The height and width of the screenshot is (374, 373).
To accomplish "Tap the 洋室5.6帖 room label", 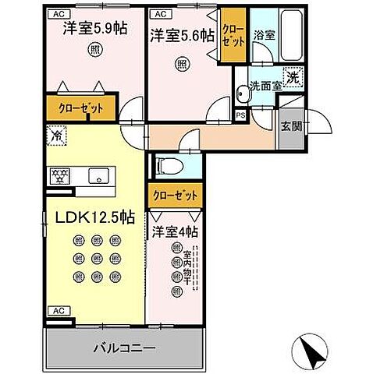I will (183, 35).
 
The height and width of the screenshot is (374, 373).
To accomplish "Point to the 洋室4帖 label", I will (175, 231).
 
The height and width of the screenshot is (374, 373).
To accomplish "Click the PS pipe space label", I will (240, 115).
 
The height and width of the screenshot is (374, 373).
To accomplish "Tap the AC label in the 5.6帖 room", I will (158, 14).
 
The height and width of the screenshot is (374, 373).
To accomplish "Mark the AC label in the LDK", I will (56, 310).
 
